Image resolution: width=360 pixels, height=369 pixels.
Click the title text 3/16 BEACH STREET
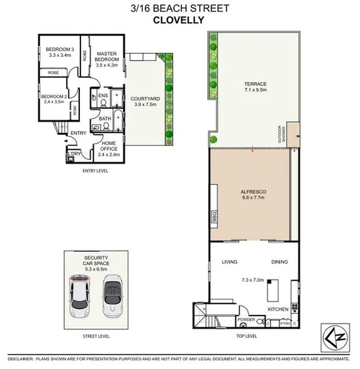coord(181,8)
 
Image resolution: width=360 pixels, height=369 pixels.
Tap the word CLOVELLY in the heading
coord(180,20)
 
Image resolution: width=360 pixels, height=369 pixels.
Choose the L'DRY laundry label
coord(75,153)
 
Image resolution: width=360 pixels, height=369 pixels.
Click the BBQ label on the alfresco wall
coord(214,218)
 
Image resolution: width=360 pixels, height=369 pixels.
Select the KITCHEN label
coord(278,309)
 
